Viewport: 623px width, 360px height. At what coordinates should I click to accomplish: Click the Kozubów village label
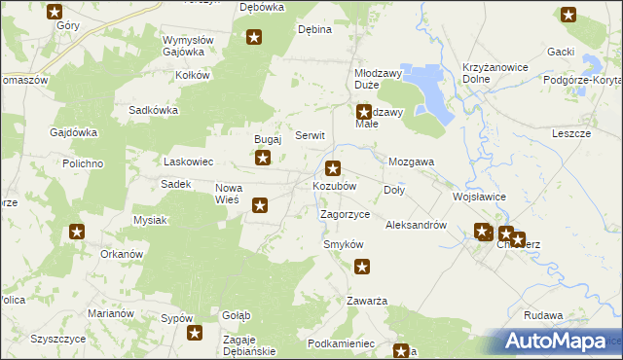coord(334,185)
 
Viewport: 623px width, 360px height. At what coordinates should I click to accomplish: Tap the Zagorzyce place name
coord(345,213)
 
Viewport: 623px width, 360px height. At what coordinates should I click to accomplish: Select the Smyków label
coord(343,244)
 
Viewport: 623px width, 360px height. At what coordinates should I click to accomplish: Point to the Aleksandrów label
coord(416,225)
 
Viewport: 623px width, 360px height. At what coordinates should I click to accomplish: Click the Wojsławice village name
coord(478,196)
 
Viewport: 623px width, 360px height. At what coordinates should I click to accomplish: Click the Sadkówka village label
coord(154,110)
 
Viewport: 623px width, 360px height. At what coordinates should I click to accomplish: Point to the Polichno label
coord(83,163)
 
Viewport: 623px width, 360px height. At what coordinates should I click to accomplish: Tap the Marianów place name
coord(110,313)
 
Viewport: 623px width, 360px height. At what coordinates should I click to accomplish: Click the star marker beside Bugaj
coord(263,156)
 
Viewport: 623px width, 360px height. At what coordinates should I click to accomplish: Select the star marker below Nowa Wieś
coord(260,204)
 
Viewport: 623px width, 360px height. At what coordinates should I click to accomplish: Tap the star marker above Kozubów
coord(334,167)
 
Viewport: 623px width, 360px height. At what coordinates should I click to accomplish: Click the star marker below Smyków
coord(362,267)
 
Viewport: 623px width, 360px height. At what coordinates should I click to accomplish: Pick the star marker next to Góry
coord(55,13)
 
